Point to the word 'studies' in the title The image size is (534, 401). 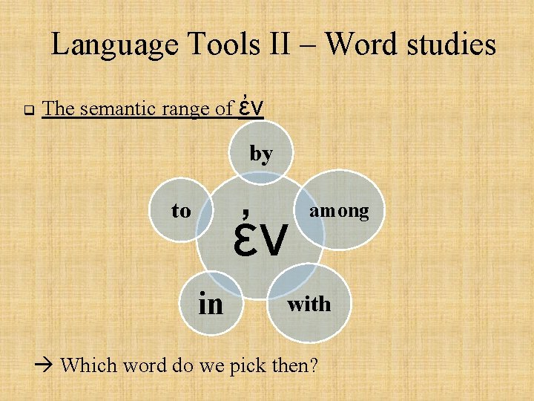(x=452, y=46)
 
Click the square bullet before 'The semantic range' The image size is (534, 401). (x=27, y=111)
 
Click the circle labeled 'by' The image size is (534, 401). (x=261, y=154)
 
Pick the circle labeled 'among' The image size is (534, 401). (x=338, y=212)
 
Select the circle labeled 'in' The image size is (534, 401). (x=211, y=303)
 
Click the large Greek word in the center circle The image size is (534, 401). (x=260, y=234)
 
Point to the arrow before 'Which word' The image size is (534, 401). (x=46, y=365)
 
